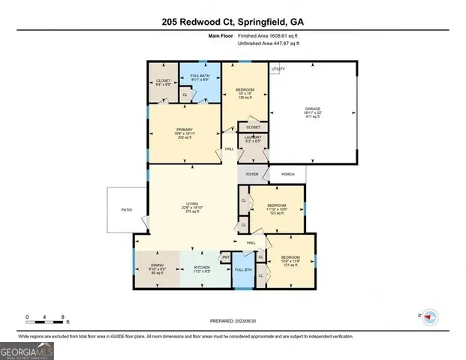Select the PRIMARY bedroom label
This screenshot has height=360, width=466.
tap(185, 130)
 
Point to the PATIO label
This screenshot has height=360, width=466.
tap(127, 210)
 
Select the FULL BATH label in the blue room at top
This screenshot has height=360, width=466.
tap(199, 76)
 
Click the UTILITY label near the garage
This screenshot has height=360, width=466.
tap(278, 69)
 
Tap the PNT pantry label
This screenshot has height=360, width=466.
tap(226, 258)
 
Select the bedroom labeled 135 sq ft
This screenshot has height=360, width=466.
tap(245, 92)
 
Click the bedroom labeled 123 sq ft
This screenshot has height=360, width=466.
tap(277, 208)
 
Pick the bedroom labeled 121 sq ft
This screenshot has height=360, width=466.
tap(290, 261)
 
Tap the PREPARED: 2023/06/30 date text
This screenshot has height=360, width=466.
tap(232, 319)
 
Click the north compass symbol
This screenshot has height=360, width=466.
tap(429, 316)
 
